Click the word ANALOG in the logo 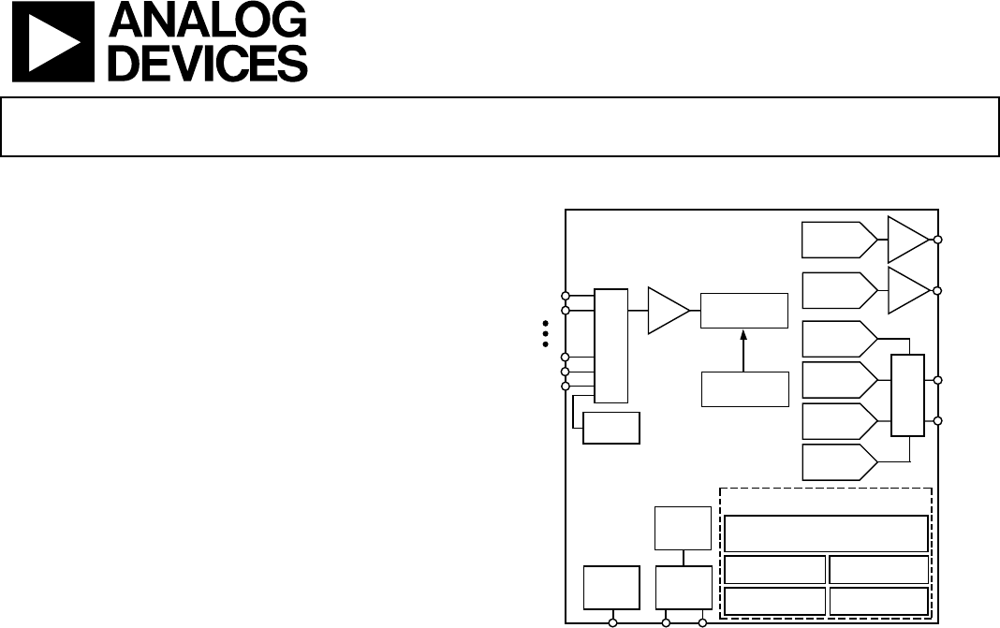[208, 20]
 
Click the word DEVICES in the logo [208, 63]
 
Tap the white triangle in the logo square [53, 42]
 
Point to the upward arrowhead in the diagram [743, 335]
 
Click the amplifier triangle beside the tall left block [669, 311]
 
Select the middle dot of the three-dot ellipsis [545, 333]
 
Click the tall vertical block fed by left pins [611, 345]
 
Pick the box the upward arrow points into [744, 311]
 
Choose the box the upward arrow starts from [745, 389]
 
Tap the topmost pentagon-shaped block [839, 240]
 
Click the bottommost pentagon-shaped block [839, 462]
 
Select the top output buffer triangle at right [909, 239]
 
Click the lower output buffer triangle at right [909, 290]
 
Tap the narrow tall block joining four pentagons [907, 395]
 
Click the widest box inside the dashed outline [826, 533]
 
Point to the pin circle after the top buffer [937, 240]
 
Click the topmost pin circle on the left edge [565, 296]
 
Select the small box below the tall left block [611, 428]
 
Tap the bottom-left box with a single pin [611, 587]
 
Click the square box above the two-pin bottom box [683, 528]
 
